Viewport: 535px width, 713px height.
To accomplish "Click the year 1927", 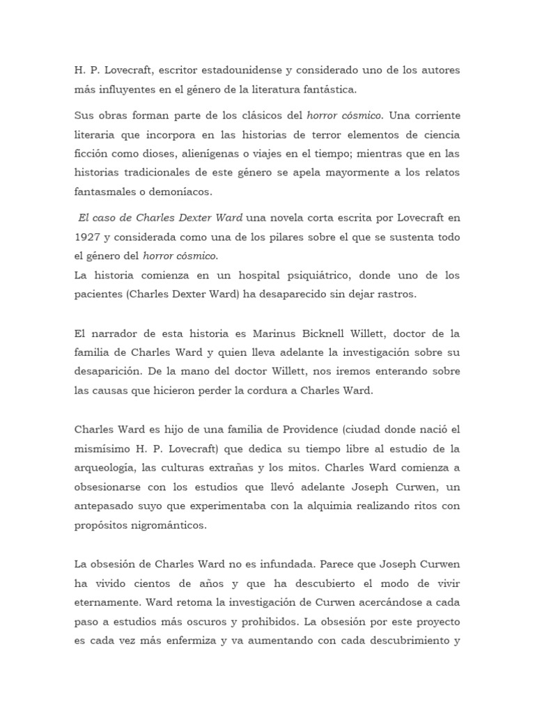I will coord(87,238).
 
